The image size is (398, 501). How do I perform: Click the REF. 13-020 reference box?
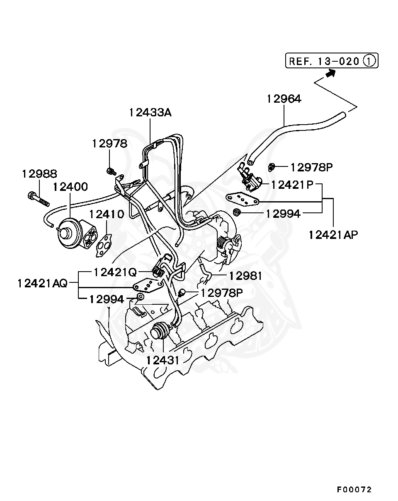pyautogui.click(x=332, y=61)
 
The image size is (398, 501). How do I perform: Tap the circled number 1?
pyautogui.click(x=369, y=61)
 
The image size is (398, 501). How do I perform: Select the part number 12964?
pyautogui.click(x=284, y=99)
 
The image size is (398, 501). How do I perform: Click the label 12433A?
pyautogui.click(x=150, y=113)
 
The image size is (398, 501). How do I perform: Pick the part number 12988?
pyautogui.click(x=39, y=173)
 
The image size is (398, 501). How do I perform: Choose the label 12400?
pyautogui.click(x=70, y=187)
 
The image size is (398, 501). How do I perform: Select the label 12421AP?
pyautogui.click(x=333, y=235)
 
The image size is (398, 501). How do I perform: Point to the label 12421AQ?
pyautogui.click(x=42, y=284)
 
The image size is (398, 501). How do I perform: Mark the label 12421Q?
pyautogui.click(x=115, y=272)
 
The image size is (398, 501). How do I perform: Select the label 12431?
pyautogui.click(x=163, y=360)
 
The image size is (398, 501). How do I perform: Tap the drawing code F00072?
pyautogui.click(x=354, y=489)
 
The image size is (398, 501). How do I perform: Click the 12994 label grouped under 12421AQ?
pyautogui.click(x=107, y=299)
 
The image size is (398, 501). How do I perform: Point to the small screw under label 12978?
pyautogui.click(x=111, y=170)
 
